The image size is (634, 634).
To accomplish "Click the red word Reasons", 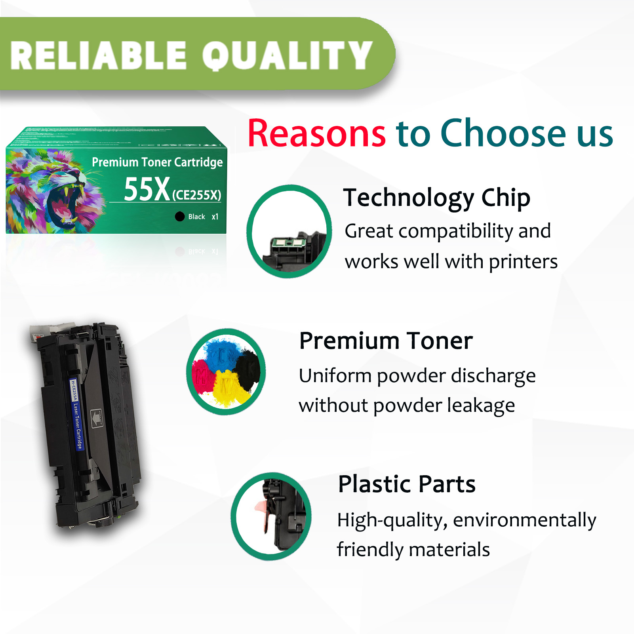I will pyautogui.click(x=316, y=133).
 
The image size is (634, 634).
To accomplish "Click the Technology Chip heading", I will pyautogui.click(x=436, y=198).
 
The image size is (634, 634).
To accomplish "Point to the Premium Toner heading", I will pyautogui.click(x=386, y=341).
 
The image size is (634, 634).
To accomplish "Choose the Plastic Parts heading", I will pyautogui.click(x=406, y=484).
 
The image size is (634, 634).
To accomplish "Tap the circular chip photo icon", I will pyautogui.click(x=289, y=231).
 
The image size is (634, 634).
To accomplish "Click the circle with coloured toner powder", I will pyautogui.click(x=226, y=371).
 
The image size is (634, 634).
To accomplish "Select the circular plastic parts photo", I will pyautogui.click(x=271, y=516).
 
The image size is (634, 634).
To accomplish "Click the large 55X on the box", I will pyautogui.click(x=147, y=189).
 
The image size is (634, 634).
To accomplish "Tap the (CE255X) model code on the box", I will pyautogui.click(x=196, y=195).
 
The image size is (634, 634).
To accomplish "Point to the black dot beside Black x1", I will pyautogui.click(x=180, y=216).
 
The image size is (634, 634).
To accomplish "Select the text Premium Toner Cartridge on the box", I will pyautogui.click(x=157, y=162).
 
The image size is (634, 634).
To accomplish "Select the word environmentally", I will pyautogui.click(x=524, y=520).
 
